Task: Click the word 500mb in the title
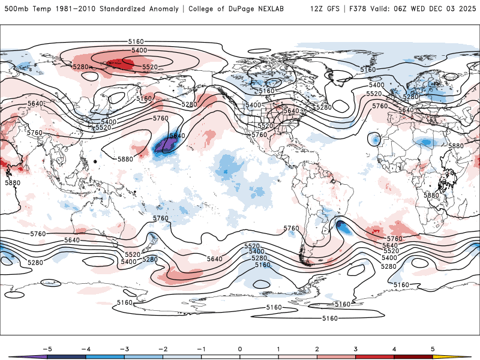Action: [13, 9]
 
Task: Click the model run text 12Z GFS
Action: [324, 9]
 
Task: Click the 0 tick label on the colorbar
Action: [239, 348]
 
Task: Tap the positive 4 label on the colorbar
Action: [395, 348]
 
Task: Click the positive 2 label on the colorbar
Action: [317, 348]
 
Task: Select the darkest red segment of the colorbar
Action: [414, 356]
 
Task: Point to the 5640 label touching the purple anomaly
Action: [176, 136]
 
